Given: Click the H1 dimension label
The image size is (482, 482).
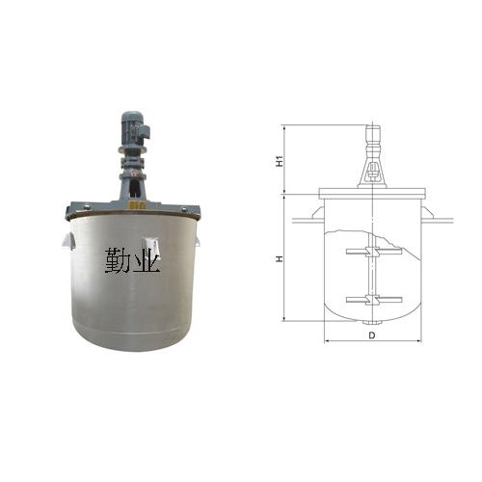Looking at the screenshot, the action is pyautogui.click(x=281, y=161).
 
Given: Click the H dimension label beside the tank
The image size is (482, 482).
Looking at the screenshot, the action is pyautogui.click(x=281, y=258).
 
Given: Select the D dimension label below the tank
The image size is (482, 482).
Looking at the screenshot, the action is pyautogui.click(x=372, y=335).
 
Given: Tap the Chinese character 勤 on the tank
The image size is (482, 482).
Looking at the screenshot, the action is pyautogui.click(x=118, y=260).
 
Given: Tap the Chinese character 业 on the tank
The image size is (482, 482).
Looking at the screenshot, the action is pyautogui.click(x=147, y=260).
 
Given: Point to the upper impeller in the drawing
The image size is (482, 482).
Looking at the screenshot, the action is pyautogui.click(x=374, y=252).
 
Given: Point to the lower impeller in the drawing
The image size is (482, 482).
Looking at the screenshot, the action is pyautogui.click(x=374, y=300).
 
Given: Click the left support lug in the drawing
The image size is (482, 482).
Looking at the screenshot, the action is pyautogui.click(x=317, y=213).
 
